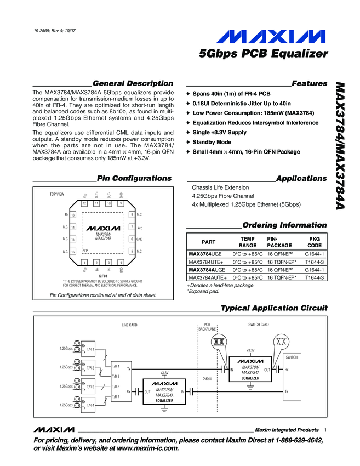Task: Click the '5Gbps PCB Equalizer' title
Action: click(263, 54)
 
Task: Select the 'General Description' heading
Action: click(133, 83)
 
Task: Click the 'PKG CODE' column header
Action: click(315, 242)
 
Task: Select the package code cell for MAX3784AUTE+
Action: click(315, 278)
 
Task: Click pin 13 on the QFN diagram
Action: click(73, 215)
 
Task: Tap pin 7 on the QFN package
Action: click(132, 227)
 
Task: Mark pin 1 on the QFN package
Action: click(85, 262)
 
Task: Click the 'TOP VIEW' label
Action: click(57, 195)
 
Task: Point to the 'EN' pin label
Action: click(66, 215)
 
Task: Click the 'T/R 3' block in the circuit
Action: click(90, 387)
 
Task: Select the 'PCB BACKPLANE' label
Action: click(207, 327)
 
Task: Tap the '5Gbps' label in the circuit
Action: click(207, 378)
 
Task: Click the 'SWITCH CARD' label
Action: click(258, 325)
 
